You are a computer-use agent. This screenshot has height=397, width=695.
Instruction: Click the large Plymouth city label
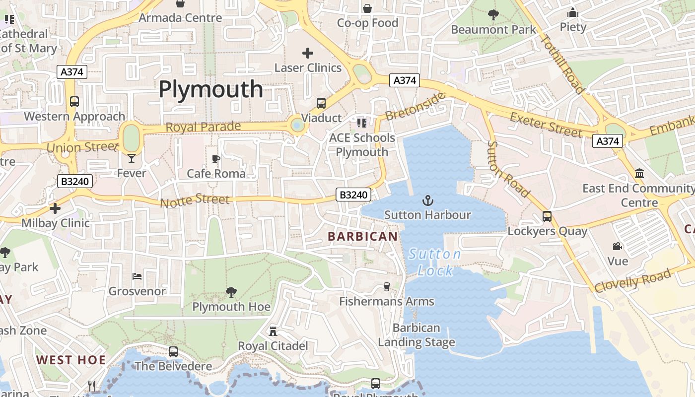point(210,89)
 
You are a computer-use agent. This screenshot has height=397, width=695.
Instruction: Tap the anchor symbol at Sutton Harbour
point(427,200)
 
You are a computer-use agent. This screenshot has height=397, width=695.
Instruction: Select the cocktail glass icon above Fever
point(131,158)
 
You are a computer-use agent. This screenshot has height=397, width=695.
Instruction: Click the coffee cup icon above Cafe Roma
point(216,159)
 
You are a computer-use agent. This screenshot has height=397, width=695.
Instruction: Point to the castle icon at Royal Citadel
point(273,331)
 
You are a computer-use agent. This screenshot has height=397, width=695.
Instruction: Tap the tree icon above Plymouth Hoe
point(231,292)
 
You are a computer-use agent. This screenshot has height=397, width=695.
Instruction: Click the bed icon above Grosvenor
point(137,276)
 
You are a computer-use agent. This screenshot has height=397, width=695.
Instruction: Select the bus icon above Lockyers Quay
point(547,216)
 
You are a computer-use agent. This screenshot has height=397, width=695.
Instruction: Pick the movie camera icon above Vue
point(618,246)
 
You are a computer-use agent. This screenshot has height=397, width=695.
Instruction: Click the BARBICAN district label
point(363,237)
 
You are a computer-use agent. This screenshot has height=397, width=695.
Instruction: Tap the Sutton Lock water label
point(435,263)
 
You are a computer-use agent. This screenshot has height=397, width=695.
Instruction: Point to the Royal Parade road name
point(203,127)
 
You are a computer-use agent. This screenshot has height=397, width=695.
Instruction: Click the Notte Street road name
point(195,200)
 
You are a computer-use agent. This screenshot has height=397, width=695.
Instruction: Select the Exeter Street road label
point(546,125)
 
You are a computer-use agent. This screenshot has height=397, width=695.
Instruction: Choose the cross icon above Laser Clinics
point(308,53)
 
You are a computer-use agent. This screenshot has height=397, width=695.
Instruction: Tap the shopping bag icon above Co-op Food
point(367,8)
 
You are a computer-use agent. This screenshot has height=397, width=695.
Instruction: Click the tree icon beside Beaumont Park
point(493,15)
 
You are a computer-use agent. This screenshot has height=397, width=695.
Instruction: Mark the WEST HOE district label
point(71,360)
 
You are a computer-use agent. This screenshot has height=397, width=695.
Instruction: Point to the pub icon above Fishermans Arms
point(386,286)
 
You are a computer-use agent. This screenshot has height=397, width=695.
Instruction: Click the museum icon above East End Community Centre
point(639,174)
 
